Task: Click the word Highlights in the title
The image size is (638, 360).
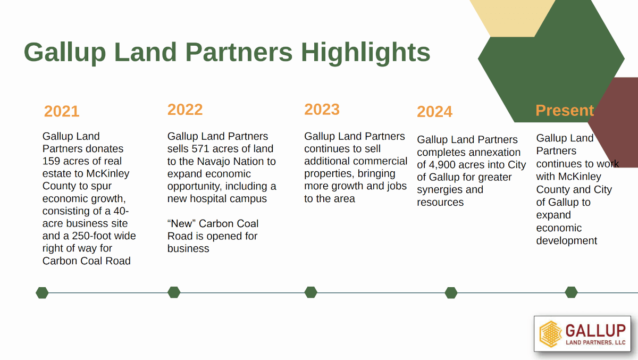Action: coord(365,53)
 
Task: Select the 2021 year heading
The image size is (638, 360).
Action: coord(62,111)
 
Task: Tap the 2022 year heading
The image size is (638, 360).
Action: coord(185,110)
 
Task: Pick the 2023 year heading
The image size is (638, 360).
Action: coord(322,110)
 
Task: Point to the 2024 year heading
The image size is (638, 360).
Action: coord(434,111)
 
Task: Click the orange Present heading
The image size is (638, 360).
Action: coord(565,110)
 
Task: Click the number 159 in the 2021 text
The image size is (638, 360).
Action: coord(51,161)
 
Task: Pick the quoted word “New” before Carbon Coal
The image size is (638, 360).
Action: coord(181,223)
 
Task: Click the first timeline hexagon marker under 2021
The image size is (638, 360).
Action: coord(42,293)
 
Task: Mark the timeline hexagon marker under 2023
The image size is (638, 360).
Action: coord(310,292)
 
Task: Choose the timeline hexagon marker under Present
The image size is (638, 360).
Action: coord(571,292)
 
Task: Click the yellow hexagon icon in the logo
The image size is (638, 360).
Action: coord(550,334)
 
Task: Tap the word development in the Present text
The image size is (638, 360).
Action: coord(567,241)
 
